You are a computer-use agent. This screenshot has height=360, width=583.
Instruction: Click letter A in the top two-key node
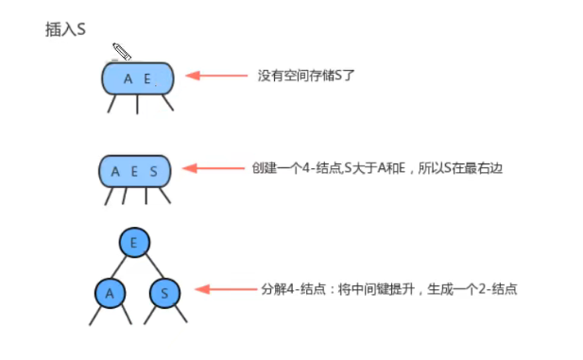(128, 78)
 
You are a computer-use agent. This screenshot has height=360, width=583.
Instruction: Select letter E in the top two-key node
(147, 78)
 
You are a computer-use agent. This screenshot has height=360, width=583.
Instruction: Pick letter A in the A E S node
(116, 172)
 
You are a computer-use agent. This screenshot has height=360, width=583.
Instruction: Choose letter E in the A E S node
(135, 172)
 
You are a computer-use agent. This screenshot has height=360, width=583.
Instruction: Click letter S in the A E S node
(154, 172)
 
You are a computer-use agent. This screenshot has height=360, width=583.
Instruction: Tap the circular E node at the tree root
(135, 242)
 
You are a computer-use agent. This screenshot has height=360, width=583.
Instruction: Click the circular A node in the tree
(110, 293)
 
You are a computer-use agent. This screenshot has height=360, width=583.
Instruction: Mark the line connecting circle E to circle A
(122, 267)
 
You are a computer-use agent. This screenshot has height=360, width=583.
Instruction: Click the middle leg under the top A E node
(138, 104)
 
